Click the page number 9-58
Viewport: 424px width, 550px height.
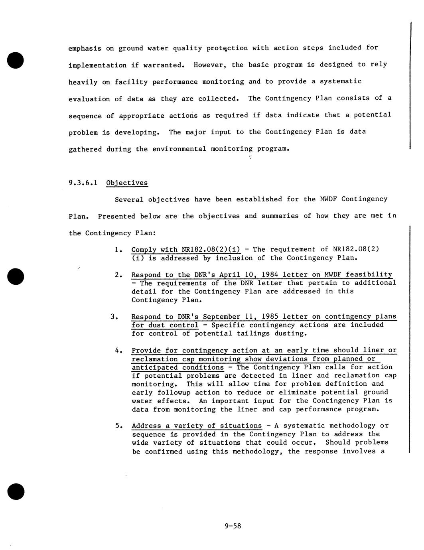coord(233,526)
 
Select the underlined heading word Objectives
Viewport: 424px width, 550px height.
coord(127,183)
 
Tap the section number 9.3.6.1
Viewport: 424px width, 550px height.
coord(83,183)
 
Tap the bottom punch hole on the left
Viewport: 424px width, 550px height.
coord(16,491)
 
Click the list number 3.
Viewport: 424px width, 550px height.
coord(114,317)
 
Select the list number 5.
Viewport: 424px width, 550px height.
coord(118,426)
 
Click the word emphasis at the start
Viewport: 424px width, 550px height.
coord(85,49)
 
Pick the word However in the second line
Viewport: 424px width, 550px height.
coord(210,65)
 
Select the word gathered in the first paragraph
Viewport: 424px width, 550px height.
coord(85,149)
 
